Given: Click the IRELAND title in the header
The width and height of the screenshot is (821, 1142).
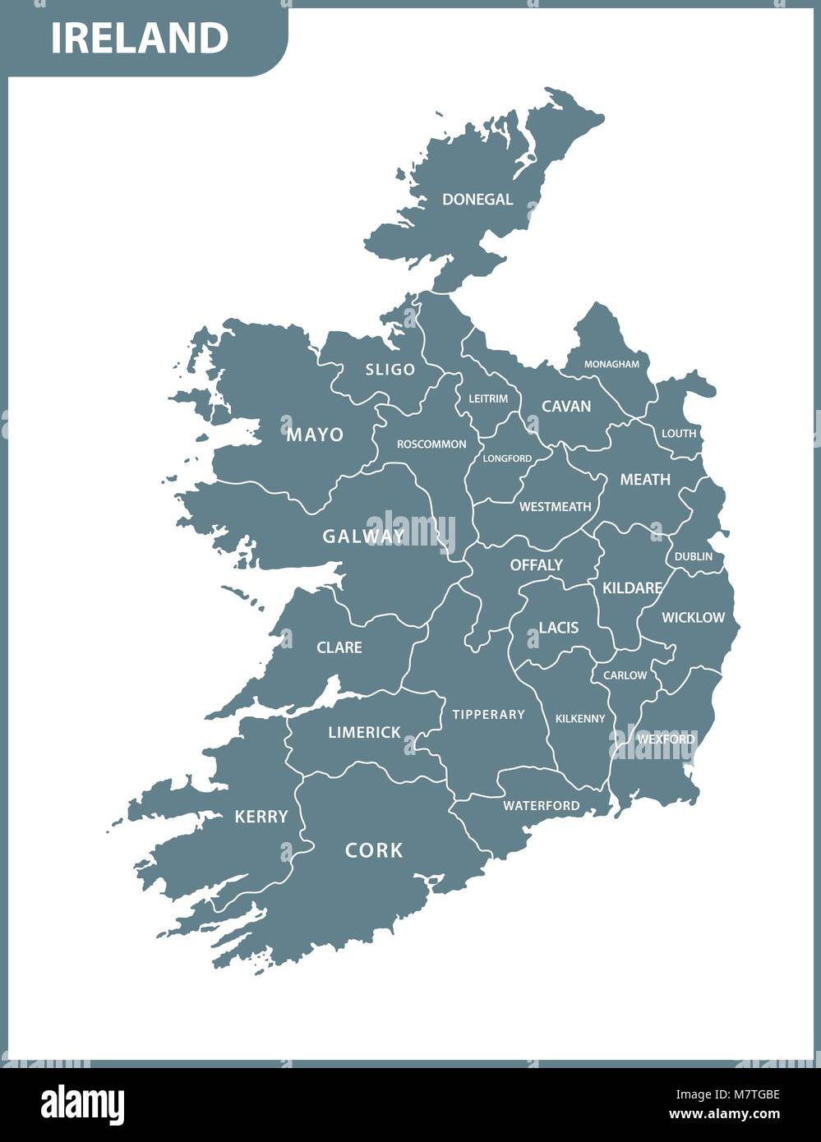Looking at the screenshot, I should (140, 38).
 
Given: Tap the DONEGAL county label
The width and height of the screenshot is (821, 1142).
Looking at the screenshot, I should (477, 199).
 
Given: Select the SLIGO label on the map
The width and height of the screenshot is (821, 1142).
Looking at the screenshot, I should (390, 370).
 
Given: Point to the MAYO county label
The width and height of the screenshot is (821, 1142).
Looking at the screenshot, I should (315, 435).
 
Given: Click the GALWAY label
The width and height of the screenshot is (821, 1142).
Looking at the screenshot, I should (363, 536).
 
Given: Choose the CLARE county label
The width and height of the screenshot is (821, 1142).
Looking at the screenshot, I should (339, 647).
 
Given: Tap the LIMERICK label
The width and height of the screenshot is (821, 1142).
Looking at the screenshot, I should (364, 732).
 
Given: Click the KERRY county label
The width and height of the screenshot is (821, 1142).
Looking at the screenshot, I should (261, 817).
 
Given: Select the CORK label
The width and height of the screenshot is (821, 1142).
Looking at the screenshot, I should (374, 850).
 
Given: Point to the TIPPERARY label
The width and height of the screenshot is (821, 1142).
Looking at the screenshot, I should (488, 715).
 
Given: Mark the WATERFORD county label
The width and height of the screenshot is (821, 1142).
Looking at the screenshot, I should (541, 806).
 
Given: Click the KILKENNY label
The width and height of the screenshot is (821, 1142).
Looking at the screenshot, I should (580, 719).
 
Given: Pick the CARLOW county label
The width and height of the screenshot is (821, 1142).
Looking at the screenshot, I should (625, 675).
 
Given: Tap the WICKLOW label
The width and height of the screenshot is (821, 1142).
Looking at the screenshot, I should (693, 618).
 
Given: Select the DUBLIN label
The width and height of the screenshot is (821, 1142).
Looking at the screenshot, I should (694, 556).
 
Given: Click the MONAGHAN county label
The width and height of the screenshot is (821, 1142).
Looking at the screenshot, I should (611, 364).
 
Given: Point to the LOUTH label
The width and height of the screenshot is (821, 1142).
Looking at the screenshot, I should (679, 433).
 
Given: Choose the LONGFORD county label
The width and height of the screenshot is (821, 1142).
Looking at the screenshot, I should (507, 458).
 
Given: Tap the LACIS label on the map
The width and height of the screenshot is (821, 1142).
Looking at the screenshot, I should (559, 628).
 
